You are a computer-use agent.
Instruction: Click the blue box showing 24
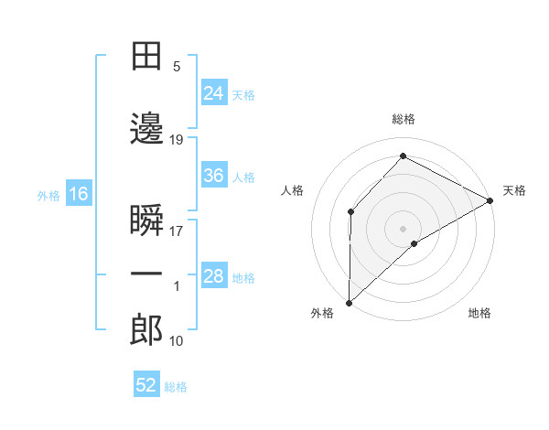213,92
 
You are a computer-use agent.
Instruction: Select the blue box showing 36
213,176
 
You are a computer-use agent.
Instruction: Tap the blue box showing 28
213,276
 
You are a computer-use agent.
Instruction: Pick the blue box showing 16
78,194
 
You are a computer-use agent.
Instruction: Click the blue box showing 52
146,385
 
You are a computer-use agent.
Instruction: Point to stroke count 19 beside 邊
177,140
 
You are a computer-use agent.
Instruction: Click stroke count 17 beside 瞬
177,231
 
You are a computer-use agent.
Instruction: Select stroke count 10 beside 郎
177,340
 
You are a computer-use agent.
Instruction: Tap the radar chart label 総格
404,119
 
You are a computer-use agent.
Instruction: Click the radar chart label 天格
514,190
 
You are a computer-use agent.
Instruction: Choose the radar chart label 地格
479,313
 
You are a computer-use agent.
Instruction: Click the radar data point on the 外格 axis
349,302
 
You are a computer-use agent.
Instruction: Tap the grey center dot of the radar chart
404,228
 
